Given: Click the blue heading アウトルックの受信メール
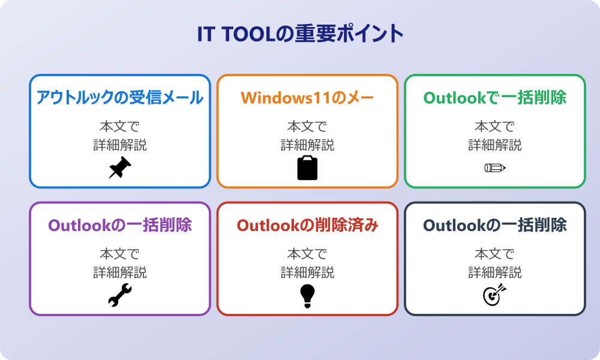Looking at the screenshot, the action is [x=120, y=97].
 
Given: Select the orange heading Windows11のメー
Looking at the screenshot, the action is [x=307, y=98].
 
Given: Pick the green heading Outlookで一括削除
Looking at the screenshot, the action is [x=495, y=98].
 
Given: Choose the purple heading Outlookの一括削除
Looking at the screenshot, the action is [x=120, y=225].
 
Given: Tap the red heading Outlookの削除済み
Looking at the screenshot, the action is [x=307, y=225].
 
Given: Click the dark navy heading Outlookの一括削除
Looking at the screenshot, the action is [x=495, y=225].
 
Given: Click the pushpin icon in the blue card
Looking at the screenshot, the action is [x=120, y=167].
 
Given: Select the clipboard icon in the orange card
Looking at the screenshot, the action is [x=307, y=168].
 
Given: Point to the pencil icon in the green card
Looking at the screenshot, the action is [x=495, y=167].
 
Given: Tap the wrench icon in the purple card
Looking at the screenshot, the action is [x=120, y=295].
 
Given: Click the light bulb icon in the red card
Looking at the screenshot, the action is [x=307, y=296].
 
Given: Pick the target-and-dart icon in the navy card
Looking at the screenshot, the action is [x=495, y=295].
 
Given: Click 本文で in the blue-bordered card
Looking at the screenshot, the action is [x=120, y=126].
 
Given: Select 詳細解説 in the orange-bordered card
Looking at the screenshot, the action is [x=307, y=145].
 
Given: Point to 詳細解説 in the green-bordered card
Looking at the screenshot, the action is [x=495, y=145].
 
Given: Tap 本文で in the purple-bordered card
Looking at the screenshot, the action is [x=120, y=254].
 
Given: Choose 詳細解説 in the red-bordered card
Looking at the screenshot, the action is [x=307, y=272].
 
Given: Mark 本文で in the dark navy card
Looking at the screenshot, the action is [x=495, y=254].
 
